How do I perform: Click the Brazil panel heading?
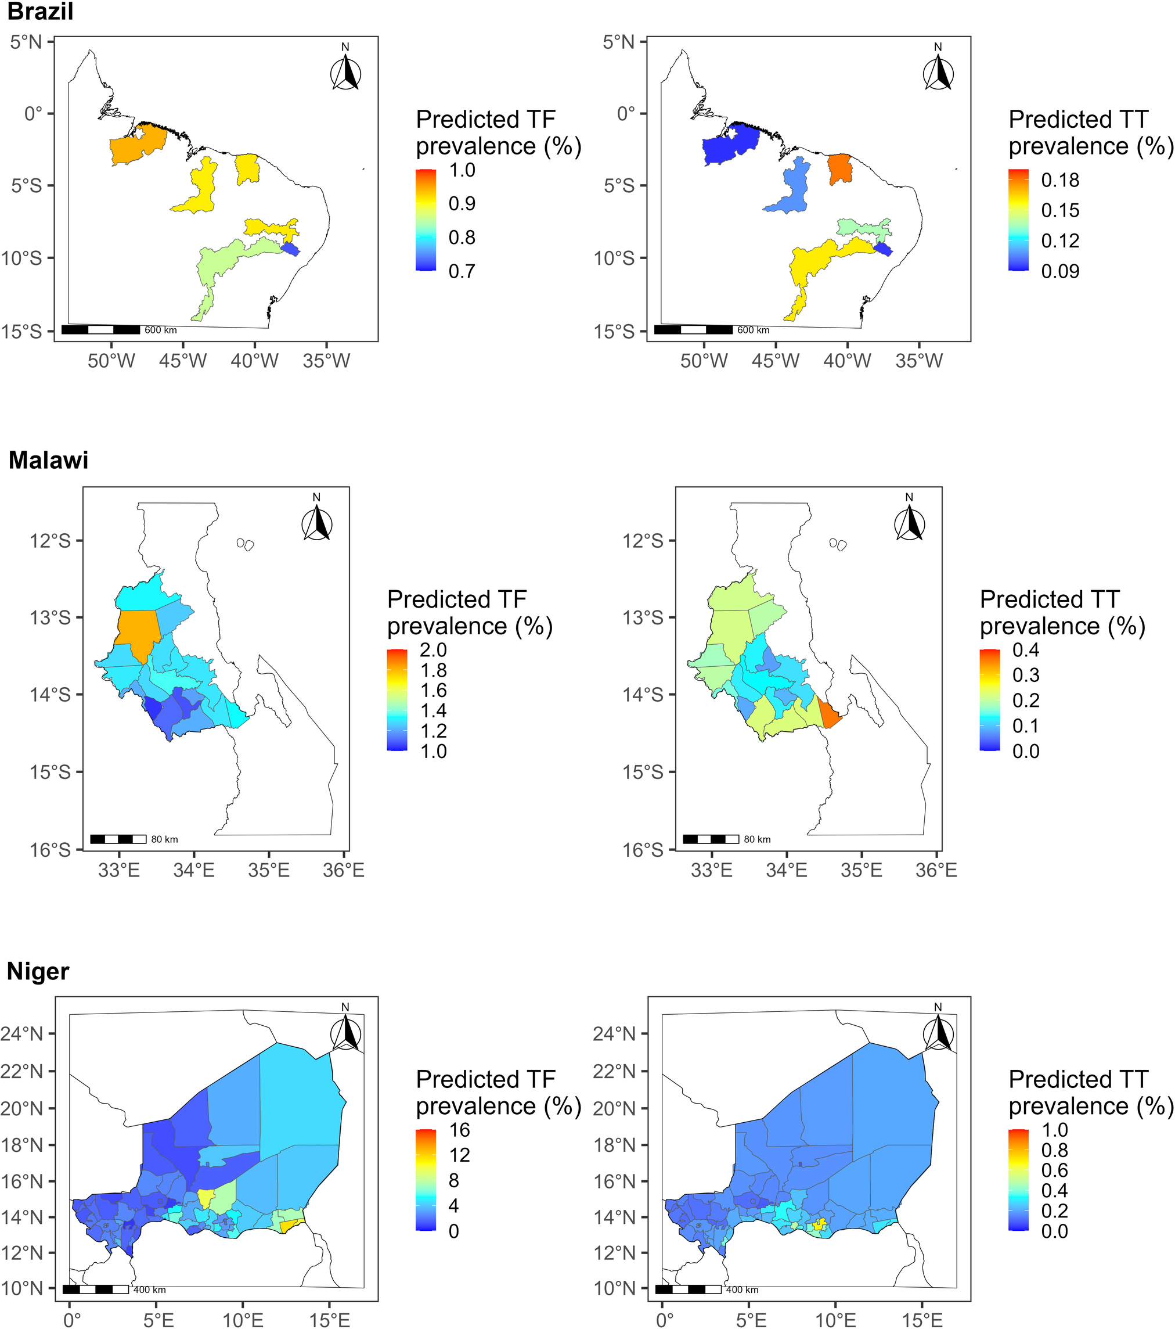tap(40, 12)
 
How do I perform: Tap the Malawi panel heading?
tap(48, 461)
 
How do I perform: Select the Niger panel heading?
tap(38, 971)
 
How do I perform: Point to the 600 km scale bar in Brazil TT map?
tap(693, 330)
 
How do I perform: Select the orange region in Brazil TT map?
tap(840, 168)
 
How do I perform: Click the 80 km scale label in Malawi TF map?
tap(164, 839)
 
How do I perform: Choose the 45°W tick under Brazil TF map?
tap(183, 360)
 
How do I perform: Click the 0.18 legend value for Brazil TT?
tap(1060, 180)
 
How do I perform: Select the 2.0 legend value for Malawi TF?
tap(433, 649)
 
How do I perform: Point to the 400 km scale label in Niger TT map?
tap(742, 1290)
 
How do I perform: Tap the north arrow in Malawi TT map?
tap(909, 523)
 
